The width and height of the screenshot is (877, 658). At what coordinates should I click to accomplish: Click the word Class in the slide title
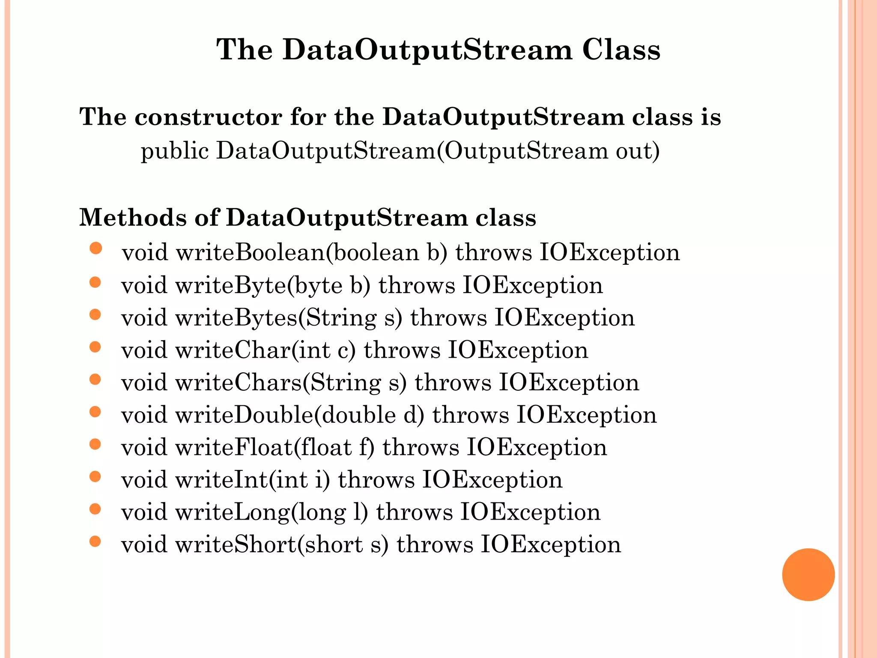click(621, 50)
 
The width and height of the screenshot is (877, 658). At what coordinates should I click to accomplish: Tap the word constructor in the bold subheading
click(208, 117)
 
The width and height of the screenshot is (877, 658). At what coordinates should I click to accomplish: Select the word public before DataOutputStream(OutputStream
click(175, 151)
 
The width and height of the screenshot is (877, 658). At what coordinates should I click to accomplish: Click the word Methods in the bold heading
click(133, 217)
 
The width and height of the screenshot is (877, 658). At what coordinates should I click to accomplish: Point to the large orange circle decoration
click(808, 574)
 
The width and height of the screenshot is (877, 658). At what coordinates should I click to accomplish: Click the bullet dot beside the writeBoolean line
click(96, 248)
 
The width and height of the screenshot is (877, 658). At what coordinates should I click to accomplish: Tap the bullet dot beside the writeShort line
click(95, 541)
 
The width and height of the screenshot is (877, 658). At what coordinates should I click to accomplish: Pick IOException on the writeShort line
click(551, 545)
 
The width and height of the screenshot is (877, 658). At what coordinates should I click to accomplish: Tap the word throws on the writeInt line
click(376, 480)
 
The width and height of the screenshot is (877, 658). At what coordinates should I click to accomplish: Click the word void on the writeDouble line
click(144, 415)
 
